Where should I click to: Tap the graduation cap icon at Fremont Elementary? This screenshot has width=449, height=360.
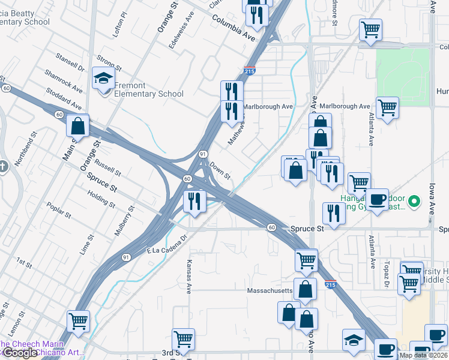pos(103,78)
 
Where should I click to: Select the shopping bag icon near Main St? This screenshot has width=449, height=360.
pos(78,126)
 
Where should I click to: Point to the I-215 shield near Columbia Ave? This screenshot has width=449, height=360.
pos(250,71)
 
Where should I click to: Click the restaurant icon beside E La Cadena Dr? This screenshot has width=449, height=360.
pos(194,202)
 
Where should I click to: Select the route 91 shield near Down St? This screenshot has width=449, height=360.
pos(203,154)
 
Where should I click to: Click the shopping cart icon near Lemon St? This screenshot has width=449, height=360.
pos(78,322)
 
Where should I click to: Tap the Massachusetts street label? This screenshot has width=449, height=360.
pos(270,290)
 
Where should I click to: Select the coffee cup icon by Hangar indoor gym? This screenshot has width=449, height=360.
pos(377,199)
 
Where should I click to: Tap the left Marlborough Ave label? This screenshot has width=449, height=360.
pos(267,106)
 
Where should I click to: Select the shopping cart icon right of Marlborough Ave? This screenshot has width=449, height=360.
pos(388,108)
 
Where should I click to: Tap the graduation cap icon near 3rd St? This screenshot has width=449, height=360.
pos(354,340)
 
